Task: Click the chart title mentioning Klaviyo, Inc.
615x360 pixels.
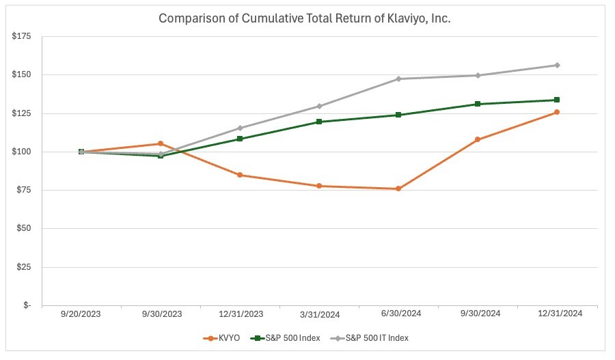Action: pos(305,18)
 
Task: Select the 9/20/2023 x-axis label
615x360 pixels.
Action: pos(81,314)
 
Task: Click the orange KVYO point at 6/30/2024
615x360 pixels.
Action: pos(398,189)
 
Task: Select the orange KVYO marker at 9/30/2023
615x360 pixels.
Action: pos(161,143)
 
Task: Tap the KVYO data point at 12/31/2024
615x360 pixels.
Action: pos(557,112)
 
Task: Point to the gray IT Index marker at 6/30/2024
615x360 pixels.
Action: pos(398,79)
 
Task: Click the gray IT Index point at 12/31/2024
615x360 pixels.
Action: pos(557,65)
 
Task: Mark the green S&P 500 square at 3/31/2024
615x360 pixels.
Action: pos(319,122)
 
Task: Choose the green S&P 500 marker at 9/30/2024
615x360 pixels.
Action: pos(478,104)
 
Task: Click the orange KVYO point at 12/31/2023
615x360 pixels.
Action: pos(240,175)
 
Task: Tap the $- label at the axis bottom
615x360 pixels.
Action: pos(27,306)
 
